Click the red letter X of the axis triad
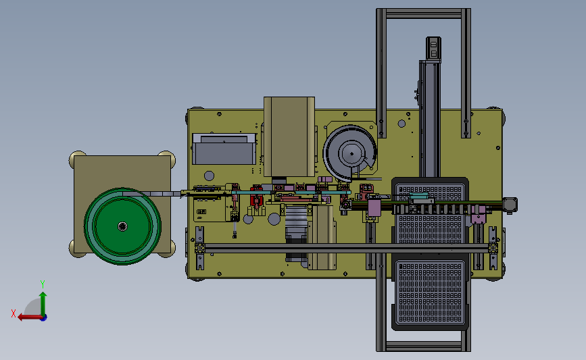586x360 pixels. [x=14, y=313]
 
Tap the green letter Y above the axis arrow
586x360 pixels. [x=43, y=284]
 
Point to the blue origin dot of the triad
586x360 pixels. [x=44, y=318]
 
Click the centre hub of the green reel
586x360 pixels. [x=122, y=226]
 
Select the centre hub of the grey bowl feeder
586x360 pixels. [x=351, y=153]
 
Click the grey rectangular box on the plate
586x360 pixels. [x=224, y=149]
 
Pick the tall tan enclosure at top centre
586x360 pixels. [x=289, y=136]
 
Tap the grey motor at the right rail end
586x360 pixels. [x=510, y=205]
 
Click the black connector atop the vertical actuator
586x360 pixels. [x=433, y=49]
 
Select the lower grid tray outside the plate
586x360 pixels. [x=430, y=294]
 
